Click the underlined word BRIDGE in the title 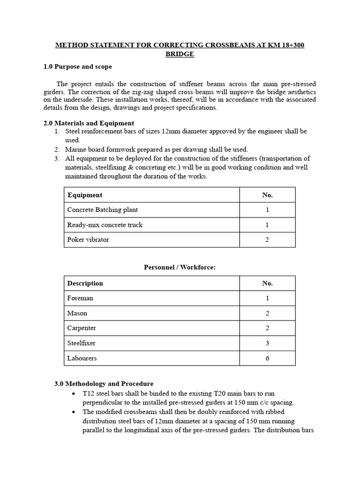(180, 54)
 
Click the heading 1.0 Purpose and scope (78, 67)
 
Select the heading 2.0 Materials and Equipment (89, 123)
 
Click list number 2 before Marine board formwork (56, 150)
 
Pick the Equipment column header (85, 195)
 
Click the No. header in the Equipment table (267, 195)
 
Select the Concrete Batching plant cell (103, 210)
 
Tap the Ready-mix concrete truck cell (105, 225)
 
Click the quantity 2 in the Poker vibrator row (267, 240)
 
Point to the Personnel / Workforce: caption (179, 267)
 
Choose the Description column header (85, 283)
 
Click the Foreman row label (80, 298)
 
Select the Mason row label (77, 313)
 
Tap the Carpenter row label (82, 328)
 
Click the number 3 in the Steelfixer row (267, 343)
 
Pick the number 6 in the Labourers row (267, 358)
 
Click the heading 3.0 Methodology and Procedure (104, 383)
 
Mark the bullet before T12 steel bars (74, 394)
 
